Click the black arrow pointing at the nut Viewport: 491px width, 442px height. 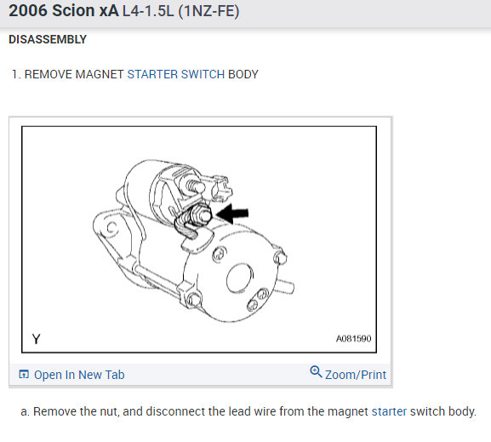232,214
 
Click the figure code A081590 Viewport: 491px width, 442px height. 353,339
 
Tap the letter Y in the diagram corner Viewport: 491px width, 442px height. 37,339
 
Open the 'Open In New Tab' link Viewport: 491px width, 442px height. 79,375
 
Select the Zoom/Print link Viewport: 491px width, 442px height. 356,375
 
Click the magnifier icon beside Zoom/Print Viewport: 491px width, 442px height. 316,372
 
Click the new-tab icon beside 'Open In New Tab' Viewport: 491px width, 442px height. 24,374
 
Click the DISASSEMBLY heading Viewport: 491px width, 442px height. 48,39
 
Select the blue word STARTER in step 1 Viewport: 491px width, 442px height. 152,74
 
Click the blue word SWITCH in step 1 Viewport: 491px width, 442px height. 203,74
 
